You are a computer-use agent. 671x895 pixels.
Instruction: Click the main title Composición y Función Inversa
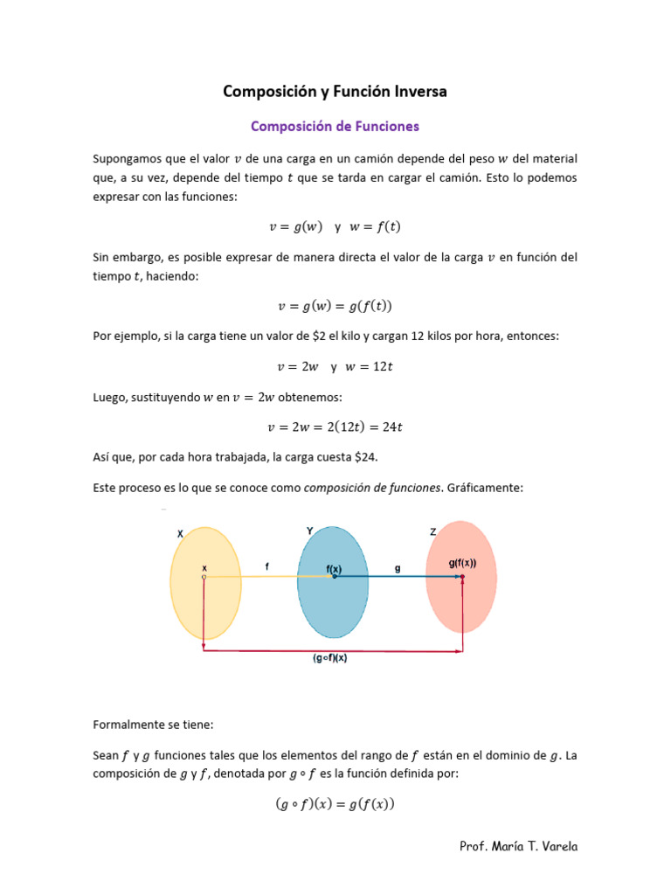(335, 91)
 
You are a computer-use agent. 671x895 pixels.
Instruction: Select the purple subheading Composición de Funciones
(335, 126)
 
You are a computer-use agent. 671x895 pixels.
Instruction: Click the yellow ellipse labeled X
(206, 603)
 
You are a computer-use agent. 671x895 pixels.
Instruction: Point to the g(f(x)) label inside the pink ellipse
(462, 564)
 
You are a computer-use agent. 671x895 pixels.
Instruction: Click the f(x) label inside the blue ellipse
(334, 568)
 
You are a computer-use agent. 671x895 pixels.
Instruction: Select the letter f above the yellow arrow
(266, 566)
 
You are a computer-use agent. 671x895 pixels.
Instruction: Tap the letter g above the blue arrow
(398, 567)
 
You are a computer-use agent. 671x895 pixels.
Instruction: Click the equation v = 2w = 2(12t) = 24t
(335, 427)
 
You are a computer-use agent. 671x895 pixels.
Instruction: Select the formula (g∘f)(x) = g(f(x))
(335, 804)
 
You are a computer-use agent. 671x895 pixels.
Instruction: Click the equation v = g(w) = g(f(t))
(335, 306)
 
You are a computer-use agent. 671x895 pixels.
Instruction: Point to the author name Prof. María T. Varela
(518, 846)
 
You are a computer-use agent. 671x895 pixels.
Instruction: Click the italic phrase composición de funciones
(372, 488)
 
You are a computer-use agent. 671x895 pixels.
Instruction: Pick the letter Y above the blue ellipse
(310, 531)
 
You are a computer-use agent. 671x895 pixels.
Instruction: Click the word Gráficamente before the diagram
(485, 488)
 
